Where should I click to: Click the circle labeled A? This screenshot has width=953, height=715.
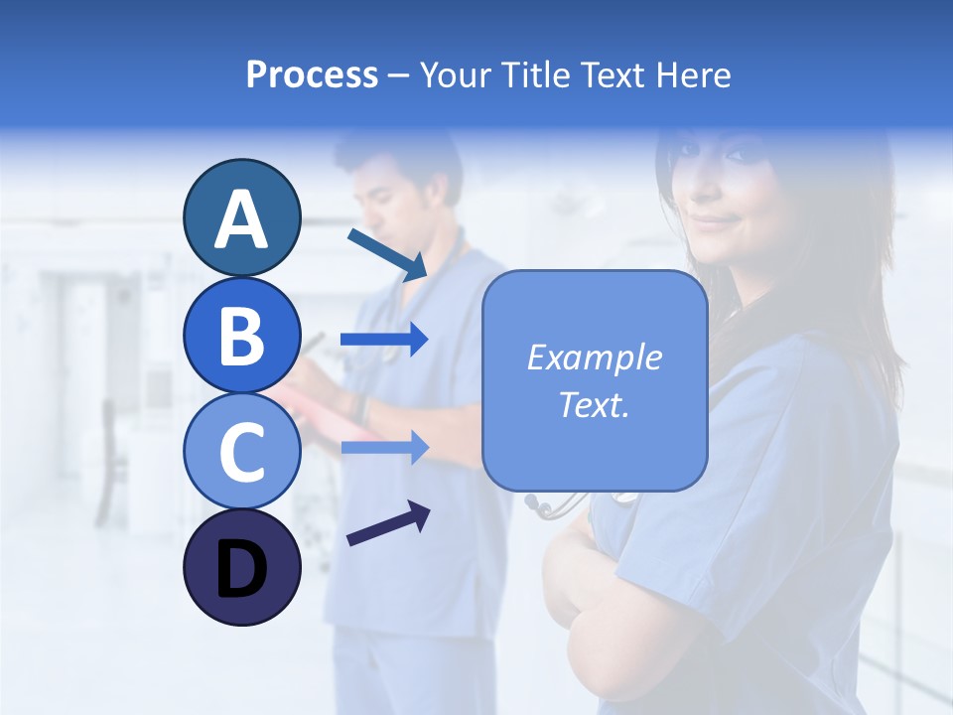[x=241, y=218]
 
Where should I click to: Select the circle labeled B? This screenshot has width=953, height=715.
[x=241, y=335]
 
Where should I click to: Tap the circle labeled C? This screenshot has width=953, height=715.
[x=241, y=451]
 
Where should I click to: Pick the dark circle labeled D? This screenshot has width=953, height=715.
[x=241, y=567]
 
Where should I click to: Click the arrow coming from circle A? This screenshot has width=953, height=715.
[x=387, y=254]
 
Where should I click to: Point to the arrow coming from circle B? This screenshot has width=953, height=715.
[x=384, y=341]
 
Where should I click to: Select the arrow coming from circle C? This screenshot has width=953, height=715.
[x=384, y=448]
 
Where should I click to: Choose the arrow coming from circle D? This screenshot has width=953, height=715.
[x=388, y=524]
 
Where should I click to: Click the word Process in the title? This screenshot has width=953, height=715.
[x=312, y=74]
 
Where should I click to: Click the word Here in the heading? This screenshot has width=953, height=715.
[x=695, y=74]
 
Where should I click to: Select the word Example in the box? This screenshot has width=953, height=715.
[x=594, y=357]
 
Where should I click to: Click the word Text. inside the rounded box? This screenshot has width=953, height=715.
[x=594, y=404]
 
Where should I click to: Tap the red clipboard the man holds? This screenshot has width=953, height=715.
[x=318, y=407]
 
